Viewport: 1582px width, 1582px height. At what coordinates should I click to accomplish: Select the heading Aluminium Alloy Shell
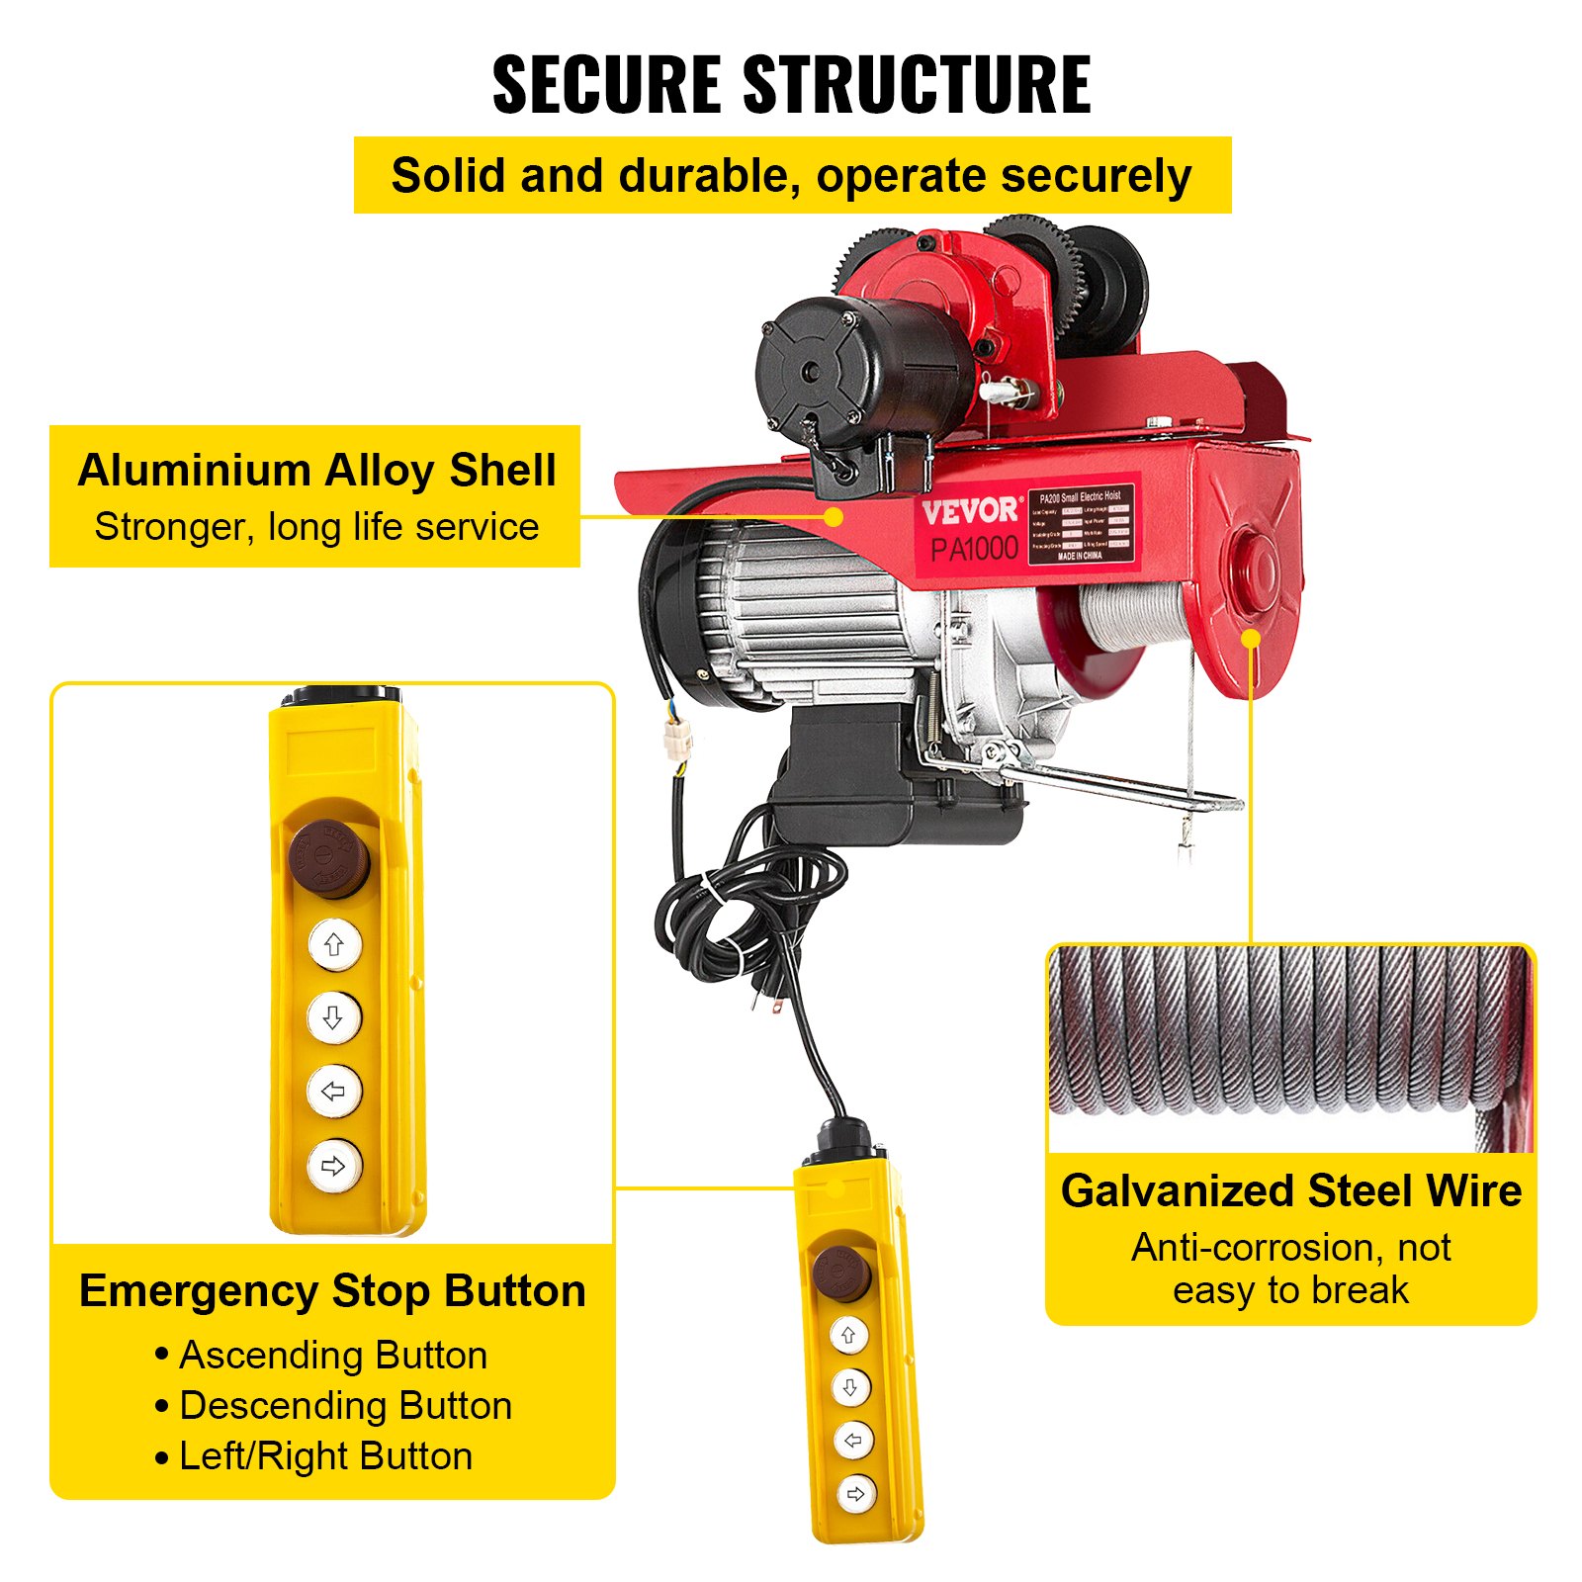(x=316, y=471)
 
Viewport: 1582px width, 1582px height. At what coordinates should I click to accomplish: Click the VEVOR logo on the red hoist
(x=969, y=511)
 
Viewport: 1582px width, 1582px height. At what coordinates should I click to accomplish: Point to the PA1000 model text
(x=974, y=549)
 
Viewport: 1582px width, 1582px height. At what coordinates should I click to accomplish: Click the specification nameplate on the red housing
(x=1081, y=525)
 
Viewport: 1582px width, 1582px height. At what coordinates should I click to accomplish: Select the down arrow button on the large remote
(x=334, y=1017)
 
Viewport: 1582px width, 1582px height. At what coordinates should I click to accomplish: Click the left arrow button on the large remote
(x=334, y=1092)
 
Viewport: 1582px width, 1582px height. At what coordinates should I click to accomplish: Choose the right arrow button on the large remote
(x=334, y=1166)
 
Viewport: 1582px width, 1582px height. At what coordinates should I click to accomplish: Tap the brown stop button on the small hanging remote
(x=841, y=1273)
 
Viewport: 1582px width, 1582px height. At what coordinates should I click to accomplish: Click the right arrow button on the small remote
(x=855, y=1493)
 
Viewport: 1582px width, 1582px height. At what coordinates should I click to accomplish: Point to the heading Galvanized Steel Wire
(x=1290, y=1191)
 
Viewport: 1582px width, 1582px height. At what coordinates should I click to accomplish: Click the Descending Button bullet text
(x=345, y=1406)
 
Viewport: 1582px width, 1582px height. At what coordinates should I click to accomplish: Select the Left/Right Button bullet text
(x=325, y=1456)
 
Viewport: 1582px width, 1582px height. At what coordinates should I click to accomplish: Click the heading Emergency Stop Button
(x=332, y=1291)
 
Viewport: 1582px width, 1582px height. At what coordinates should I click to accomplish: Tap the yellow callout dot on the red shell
(x=835, y=516)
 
